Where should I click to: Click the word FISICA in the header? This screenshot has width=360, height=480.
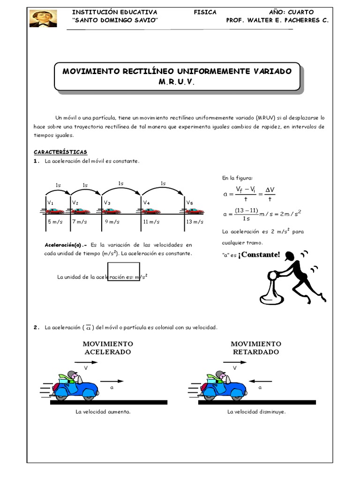[x=205, y=12]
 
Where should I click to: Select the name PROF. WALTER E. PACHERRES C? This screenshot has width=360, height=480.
[x=277, y=21]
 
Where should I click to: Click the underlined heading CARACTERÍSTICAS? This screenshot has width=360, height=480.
[x=60, y=152]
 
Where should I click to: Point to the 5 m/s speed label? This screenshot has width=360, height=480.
[x=55, y=221]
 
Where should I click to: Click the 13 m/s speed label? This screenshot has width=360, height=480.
[x=195, y=221]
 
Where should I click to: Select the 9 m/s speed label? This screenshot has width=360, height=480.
[x=112, y=221]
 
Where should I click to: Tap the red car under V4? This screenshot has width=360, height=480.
[x=151, y=211]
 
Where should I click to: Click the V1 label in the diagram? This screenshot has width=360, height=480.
[x=50, y=202]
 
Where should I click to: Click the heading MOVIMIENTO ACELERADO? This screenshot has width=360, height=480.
[x=107, y=348]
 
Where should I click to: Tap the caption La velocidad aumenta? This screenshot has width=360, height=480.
[x=103, y=412]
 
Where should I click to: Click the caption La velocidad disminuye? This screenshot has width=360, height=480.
[x=256, y=412]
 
